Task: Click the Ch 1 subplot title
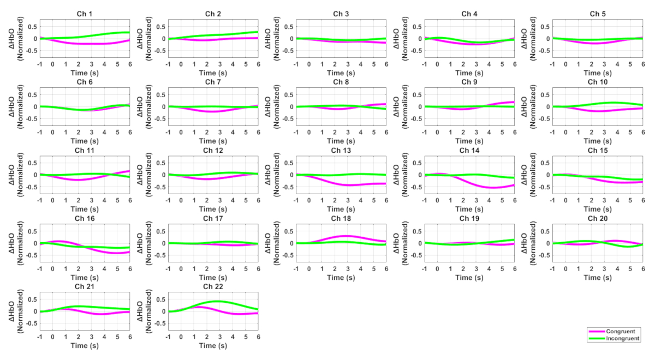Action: coord(85,14)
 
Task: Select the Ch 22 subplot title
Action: coord(213,286)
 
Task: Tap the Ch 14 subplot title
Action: coord(469,150)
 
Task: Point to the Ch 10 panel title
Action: coord(597,82)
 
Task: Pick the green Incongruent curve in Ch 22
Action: coord(218,301)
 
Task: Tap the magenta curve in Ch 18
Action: coord(347,236)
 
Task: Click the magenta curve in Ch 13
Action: coord(347,185)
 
